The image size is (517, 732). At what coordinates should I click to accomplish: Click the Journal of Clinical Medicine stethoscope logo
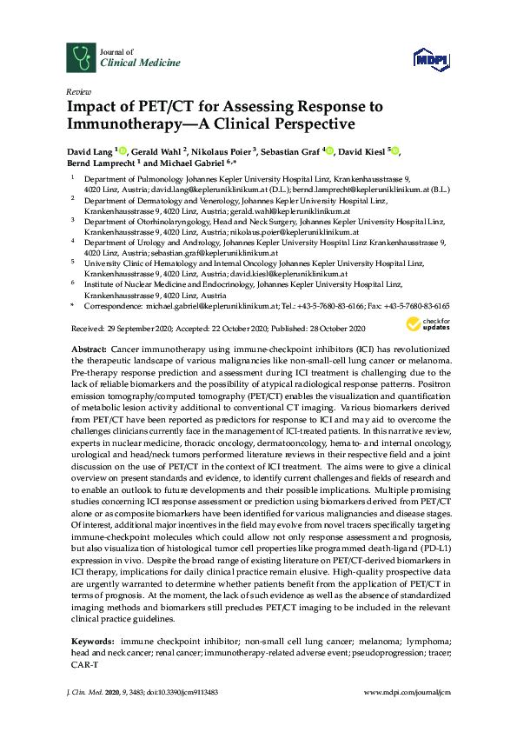click(81, 58)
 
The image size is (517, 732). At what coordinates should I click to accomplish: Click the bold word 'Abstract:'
click(87, 348)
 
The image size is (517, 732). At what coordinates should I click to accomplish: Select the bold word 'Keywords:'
click(90, 640)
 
